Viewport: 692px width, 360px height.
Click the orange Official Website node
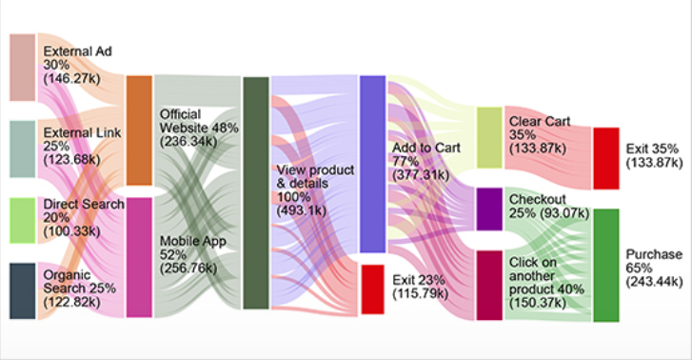pyautogui.click(x=139, y=130)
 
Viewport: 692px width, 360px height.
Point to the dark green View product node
pyautogui.click(x=255, y=192)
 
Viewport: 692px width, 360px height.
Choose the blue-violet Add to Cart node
pyautogui.click(x=371, y=164)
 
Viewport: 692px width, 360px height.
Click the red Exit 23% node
pyautogui.click(x=371, y=289)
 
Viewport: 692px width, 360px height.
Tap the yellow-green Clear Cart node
pyautogui.click(x=488, y=138)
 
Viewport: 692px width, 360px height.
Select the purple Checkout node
pyautogui.click(x=488, y=209)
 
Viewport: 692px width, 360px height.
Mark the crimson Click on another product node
pyautogui.click(x=488, y=285)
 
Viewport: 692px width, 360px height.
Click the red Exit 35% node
pyautogui.click(x=605, y=157)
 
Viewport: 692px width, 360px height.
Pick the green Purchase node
pyautogui.click(x=605, y=265)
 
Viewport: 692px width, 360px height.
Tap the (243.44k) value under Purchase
pyautogui.click(x=654, y=282)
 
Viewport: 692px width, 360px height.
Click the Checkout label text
pyautogui.click(x=538, y=199)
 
